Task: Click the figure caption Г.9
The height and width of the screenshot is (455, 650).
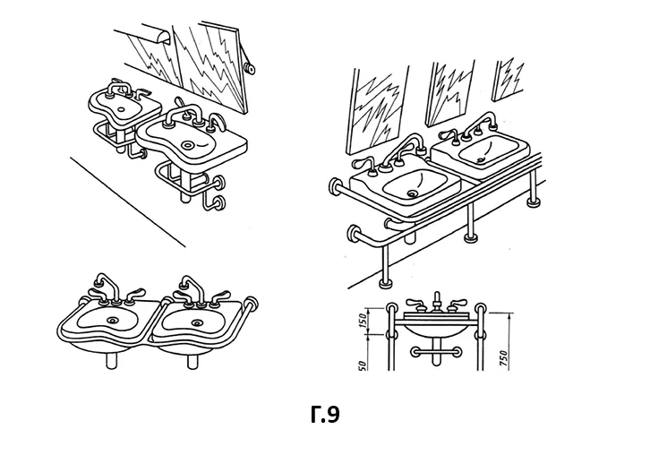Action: [325, 415]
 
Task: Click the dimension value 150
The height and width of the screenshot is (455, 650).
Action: [362, 321]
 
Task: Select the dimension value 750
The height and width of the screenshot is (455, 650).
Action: [503, 358]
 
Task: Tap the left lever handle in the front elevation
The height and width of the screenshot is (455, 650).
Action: [416, 305]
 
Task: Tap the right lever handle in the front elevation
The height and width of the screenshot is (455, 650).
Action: [454, 305]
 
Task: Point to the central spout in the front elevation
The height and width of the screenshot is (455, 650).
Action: [436, 302]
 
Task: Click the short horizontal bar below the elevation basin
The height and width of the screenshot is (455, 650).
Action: [436, 352]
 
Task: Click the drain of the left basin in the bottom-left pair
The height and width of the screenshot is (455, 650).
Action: [113, 320]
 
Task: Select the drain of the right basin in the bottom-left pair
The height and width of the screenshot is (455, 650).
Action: [196, 322]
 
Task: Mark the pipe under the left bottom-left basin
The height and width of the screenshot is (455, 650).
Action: [112, 360]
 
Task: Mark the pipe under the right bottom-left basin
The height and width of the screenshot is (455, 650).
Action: [192, 361]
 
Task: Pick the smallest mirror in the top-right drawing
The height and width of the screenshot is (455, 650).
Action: [508, 80]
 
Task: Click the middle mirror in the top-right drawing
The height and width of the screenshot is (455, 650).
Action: [450, 93]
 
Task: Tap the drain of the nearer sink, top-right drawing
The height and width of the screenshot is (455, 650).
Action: [412, 193]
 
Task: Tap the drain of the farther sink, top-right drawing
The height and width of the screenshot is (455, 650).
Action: [482, 160]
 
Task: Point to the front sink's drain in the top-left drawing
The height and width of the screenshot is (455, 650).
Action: [190, 145]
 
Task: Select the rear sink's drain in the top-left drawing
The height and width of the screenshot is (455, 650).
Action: [122, 110]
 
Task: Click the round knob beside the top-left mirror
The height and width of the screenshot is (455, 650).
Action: [249, 68]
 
